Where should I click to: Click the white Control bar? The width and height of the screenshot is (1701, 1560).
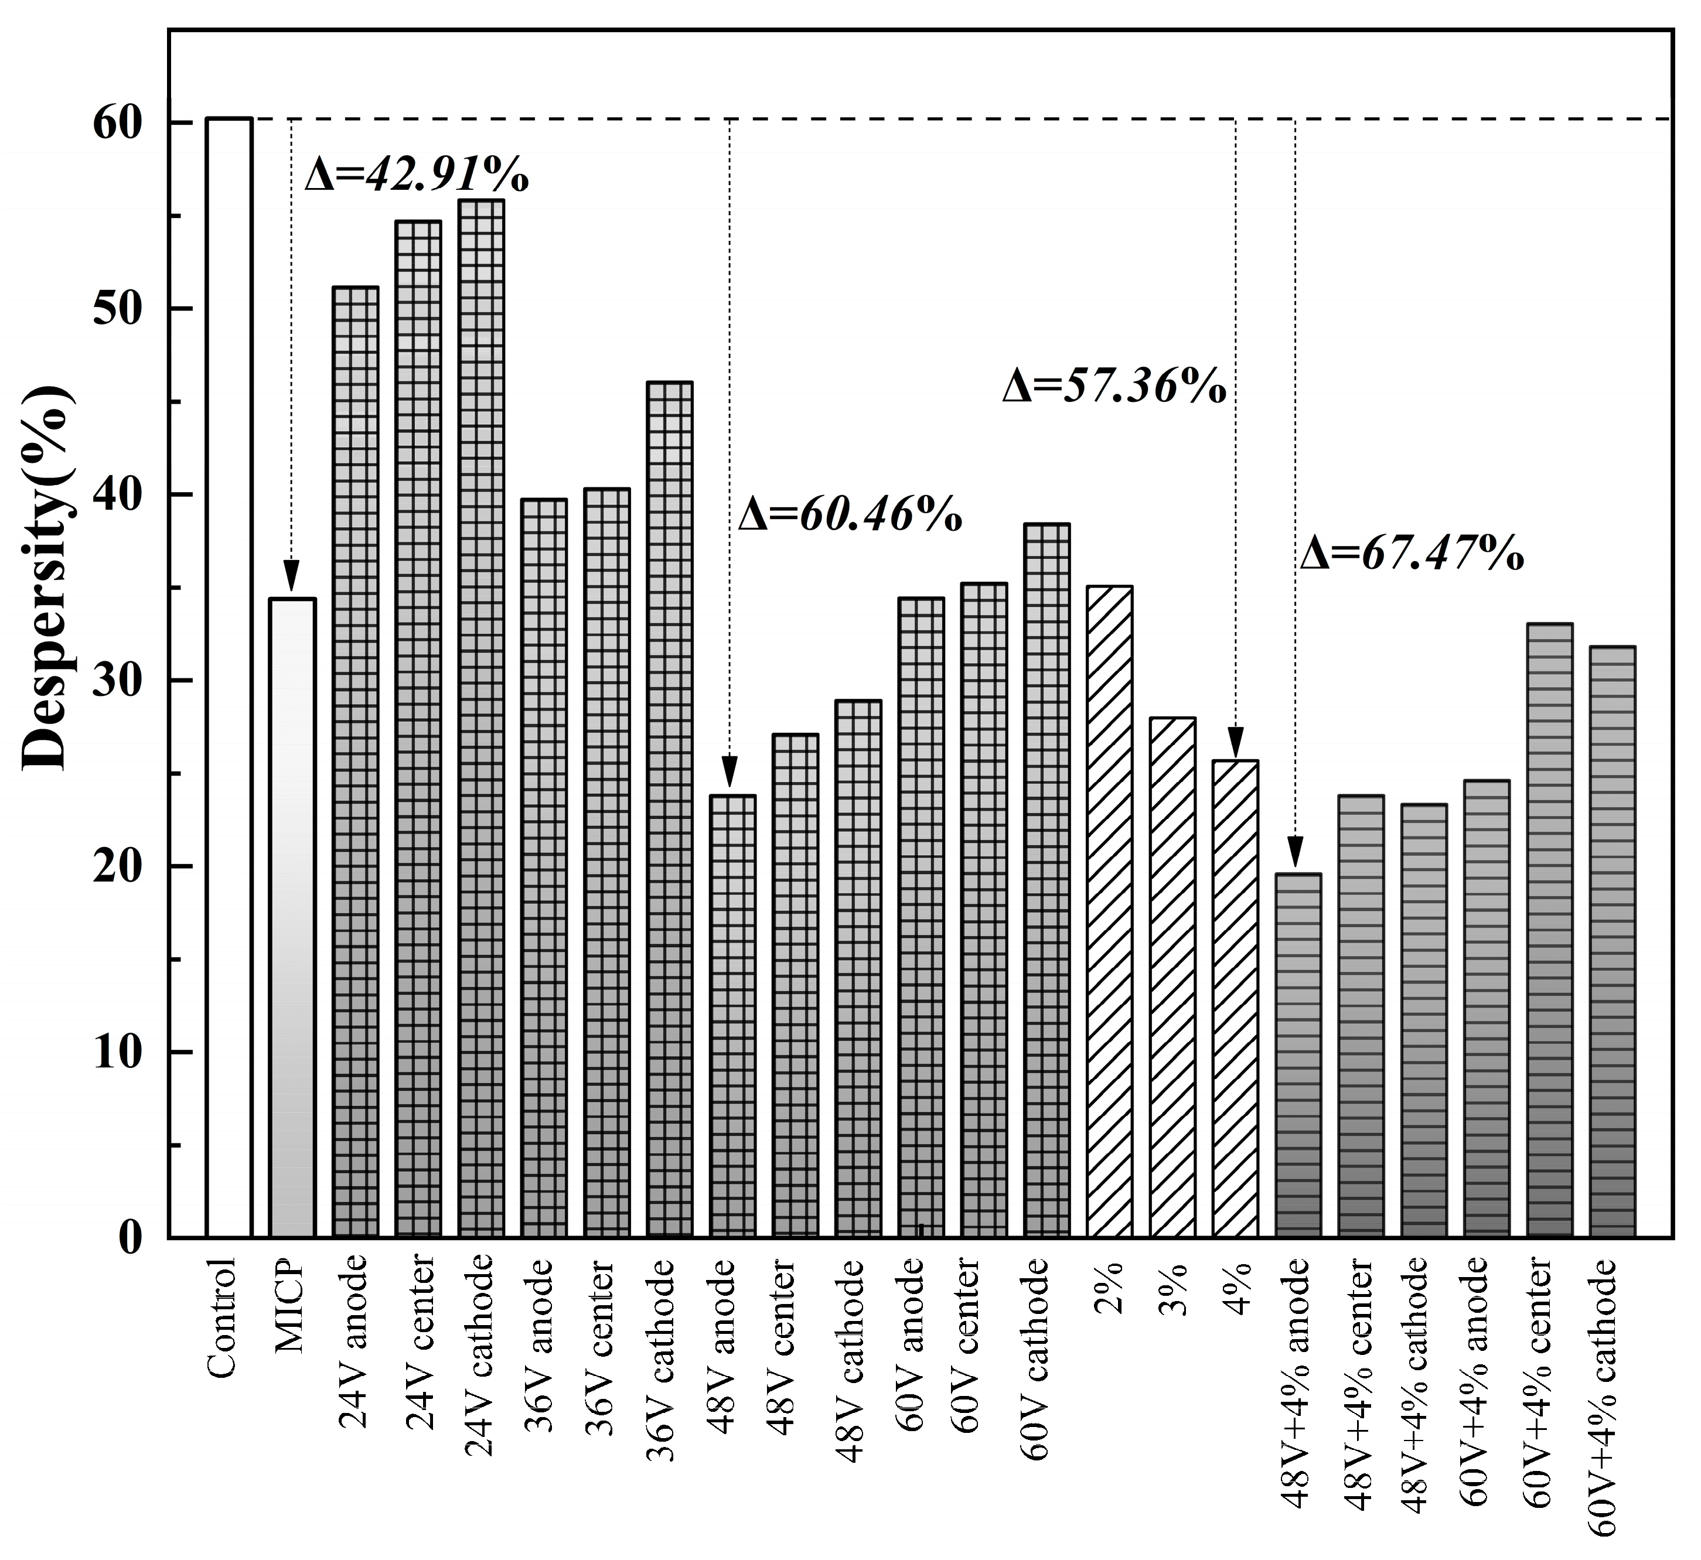(x=229, y=675)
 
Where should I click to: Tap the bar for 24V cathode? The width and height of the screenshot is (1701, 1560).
(x=481, y=718)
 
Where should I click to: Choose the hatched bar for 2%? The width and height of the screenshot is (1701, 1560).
(x=1110, y=911)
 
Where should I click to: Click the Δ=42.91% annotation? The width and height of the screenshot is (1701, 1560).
(x=416, y=176)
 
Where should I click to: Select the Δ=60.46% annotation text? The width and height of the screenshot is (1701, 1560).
(x=850, y=514)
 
